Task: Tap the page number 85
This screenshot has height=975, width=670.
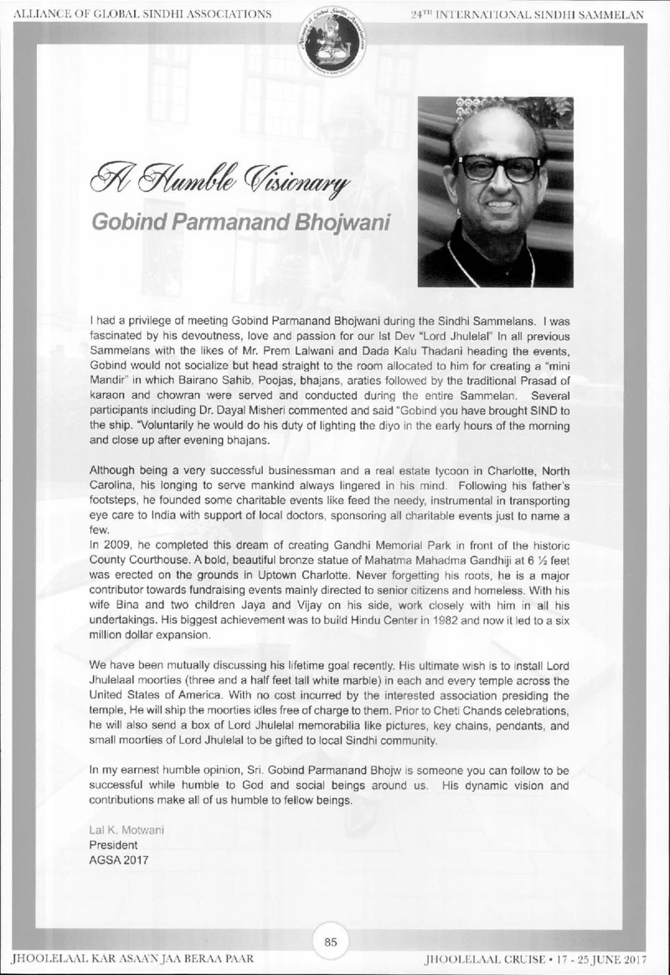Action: [x=331, y=942]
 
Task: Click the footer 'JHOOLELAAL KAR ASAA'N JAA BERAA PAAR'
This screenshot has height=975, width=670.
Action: [x=131, y=957]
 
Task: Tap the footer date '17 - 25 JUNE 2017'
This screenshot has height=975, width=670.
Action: [x=608, y=957]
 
